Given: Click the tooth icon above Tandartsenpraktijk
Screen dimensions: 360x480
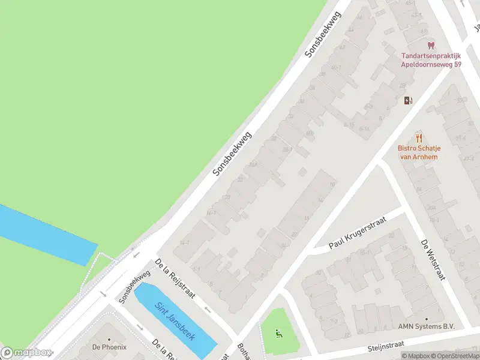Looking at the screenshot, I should click(x=430, y=45).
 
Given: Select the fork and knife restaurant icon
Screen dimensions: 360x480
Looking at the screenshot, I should click(x=418, y=138).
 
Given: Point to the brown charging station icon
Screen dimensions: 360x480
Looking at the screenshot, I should click(x=408, y=100).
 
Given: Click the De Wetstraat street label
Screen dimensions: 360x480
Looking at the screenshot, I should click(x=433, y=259).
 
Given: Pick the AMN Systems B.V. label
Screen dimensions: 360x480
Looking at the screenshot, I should click(x=427, y=326).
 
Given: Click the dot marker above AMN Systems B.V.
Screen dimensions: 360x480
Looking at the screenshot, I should click(x=427, y=319).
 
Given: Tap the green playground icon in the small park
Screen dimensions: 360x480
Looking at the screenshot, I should click(x=277, y=333).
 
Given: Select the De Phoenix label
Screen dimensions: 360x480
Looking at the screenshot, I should click(x=109, y=347).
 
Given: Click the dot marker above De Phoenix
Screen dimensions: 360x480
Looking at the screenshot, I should click(x=109, y=340).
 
